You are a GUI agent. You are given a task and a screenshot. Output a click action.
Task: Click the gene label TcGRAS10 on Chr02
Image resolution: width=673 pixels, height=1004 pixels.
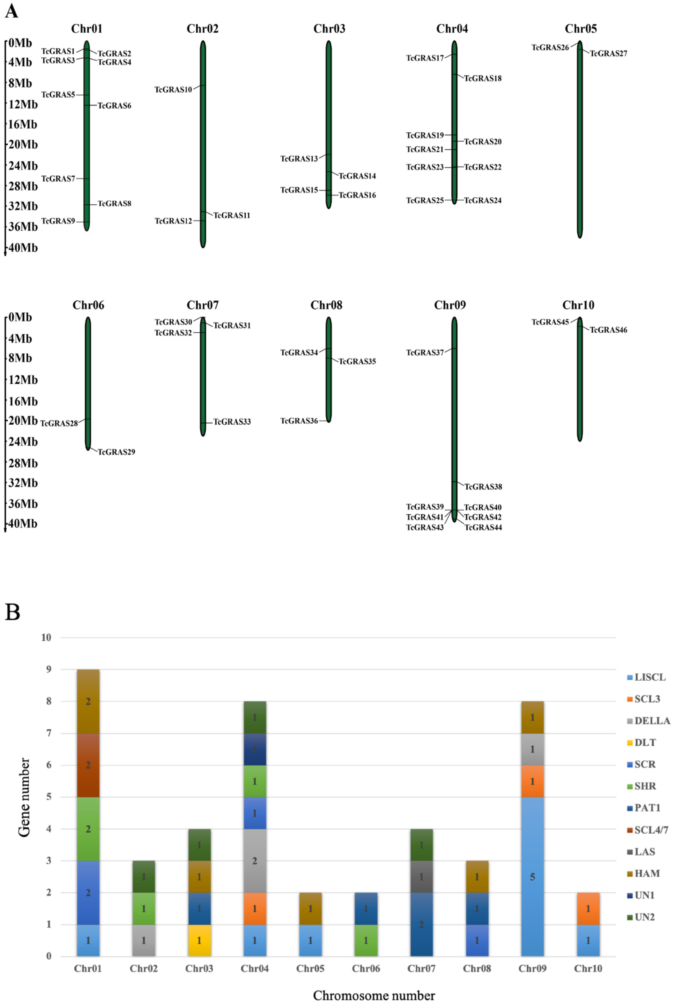(x=173, y=90)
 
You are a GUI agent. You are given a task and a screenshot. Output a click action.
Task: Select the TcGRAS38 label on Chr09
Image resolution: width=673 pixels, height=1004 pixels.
(x=483, y=487)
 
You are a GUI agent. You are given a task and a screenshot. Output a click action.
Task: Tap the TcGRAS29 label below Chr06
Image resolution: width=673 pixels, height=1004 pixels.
(x=116, y=452)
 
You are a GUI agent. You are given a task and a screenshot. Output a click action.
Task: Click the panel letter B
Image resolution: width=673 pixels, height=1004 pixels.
(x=13, y=612)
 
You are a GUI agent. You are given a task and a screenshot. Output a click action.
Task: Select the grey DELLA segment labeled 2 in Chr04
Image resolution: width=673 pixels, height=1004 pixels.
(x=255, y=861)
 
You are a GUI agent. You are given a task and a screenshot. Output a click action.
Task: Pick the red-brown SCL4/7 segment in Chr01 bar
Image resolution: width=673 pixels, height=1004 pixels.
(x=88, y=765)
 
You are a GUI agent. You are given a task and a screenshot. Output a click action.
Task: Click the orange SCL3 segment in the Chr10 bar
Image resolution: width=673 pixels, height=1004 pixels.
(x=588, y=909)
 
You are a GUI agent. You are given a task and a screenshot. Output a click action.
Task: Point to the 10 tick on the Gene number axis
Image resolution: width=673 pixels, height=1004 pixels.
(x=46, y=638)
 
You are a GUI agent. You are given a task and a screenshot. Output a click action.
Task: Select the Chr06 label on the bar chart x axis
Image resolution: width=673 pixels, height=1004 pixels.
(x=366, y=968)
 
